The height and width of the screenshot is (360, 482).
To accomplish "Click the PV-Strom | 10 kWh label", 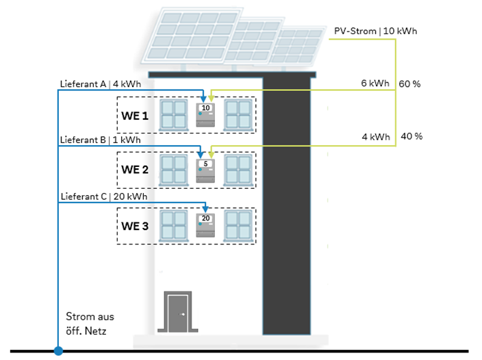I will [375, 31].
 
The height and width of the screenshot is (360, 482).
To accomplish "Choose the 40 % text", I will [411, 136].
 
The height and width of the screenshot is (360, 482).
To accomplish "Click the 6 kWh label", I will [375, 83].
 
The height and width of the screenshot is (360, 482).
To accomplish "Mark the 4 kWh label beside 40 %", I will [375, 137].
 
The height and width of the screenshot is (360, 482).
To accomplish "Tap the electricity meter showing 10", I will [205, 114].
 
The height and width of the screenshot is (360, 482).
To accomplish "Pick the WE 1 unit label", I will [135, 116].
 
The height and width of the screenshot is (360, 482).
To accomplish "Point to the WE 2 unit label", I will [135, 170].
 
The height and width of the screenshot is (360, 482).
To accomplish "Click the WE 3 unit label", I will [135, 226].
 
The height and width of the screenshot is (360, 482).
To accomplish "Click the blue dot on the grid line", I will [58, 351].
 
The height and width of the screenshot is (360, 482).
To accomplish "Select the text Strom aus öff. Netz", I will [90, 323].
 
